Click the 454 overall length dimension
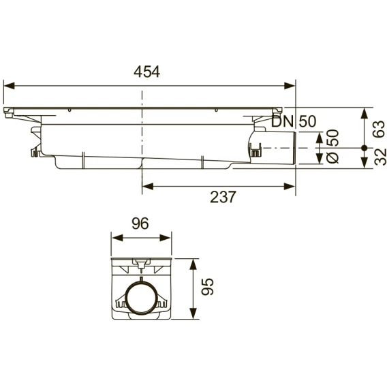point(147,72)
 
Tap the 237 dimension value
point(223,197)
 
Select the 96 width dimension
point(140,223)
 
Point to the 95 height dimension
point(207,287)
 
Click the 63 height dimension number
point(379,129)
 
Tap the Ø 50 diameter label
point(332,146)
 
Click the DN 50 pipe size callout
point(294,121)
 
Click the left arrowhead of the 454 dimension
point(9,86)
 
